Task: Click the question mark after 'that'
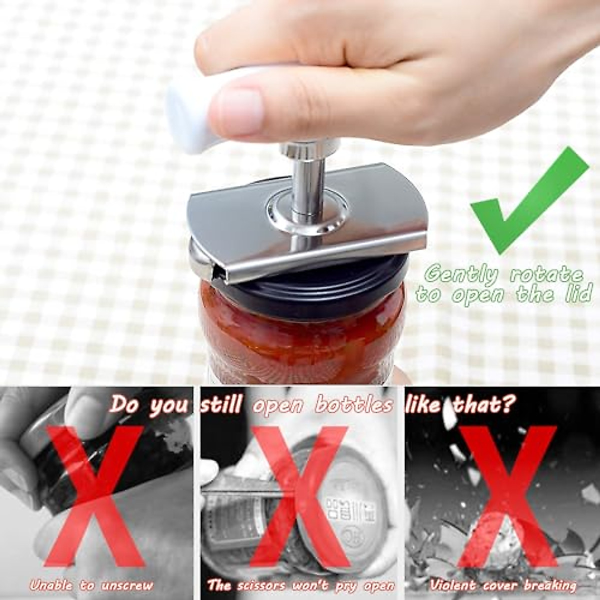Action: (x=507, y=404)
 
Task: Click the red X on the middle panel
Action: (x=299, y=495)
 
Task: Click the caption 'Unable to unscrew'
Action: (x=91, y=584)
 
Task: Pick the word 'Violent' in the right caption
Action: (x=452, y=584)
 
